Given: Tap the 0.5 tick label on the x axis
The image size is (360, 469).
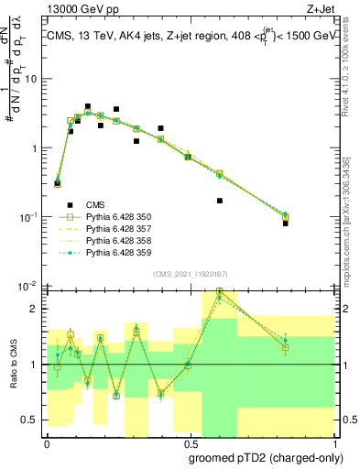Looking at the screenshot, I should pyautogui.click(x=190, y=442).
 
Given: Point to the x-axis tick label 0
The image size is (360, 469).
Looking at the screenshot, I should pyautogui.click(x=47, y=442).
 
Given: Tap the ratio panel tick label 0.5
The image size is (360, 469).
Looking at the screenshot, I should pyautogui.click(x=31, y=420).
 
